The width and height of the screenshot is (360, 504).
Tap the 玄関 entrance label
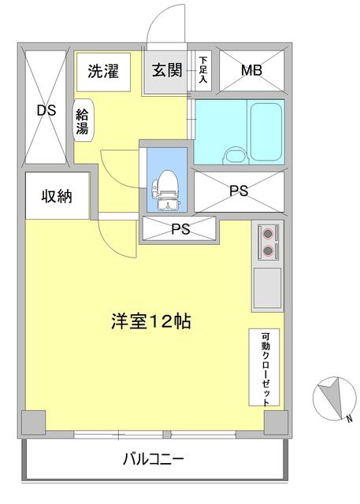click(x=167, y=70)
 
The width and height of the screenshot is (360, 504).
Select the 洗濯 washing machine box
click(x=102, y=72)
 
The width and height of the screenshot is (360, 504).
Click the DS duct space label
click(x=46, y=111)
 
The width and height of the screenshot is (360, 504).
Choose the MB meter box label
click(x=251, y=71)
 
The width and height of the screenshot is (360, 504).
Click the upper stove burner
click(x=269, y=233)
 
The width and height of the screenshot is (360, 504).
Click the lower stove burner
click(x=269, y=251)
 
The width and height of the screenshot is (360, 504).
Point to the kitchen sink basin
click(x=268, y=287)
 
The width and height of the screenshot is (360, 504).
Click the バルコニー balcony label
click(x=154, y=459)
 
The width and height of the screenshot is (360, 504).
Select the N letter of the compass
click(x=347, y=417)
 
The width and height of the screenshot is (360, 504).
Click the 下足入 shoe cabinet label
click(x=202, y=70)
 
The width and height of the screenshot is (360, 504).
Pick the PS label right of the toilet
click(x=238, y=191)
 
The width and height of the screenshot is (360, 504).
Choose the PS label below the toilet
click(x=180, y=229)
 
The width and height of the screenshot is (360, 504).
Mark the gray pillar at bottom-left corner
click(x=35, y=423)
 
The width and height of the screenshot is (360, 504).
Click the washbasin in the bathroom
click(x=233, y=154)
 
